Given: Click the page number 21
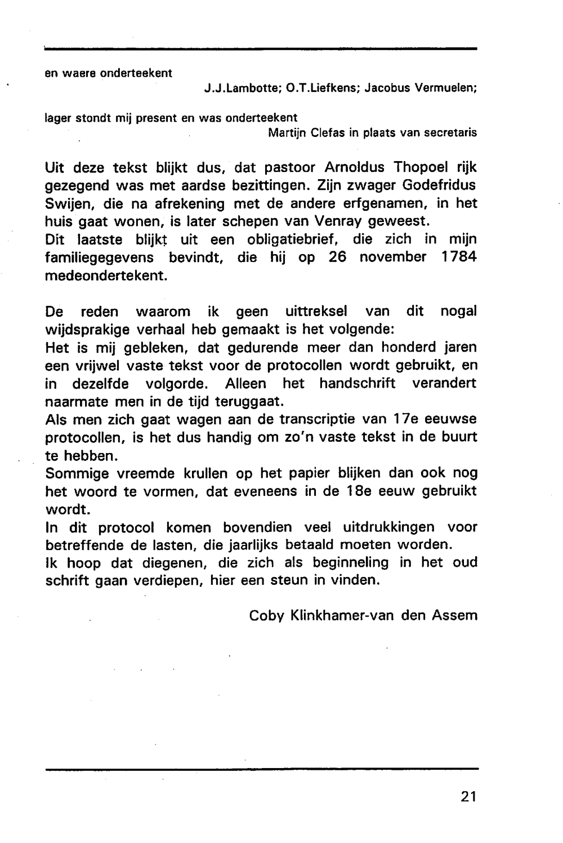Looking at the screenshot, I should (x=468, y=796).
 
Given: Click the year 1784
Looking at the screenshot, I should (x=457, y=257).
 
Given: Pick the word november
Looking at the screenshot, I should (x=393, y=257).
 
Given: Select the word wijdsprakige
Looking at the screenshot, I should (x=90, y=330).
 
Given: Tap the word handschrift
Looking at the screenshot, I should (x=357, y=384).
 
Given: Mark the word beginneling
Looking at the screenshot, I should (x=350, y=562).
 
